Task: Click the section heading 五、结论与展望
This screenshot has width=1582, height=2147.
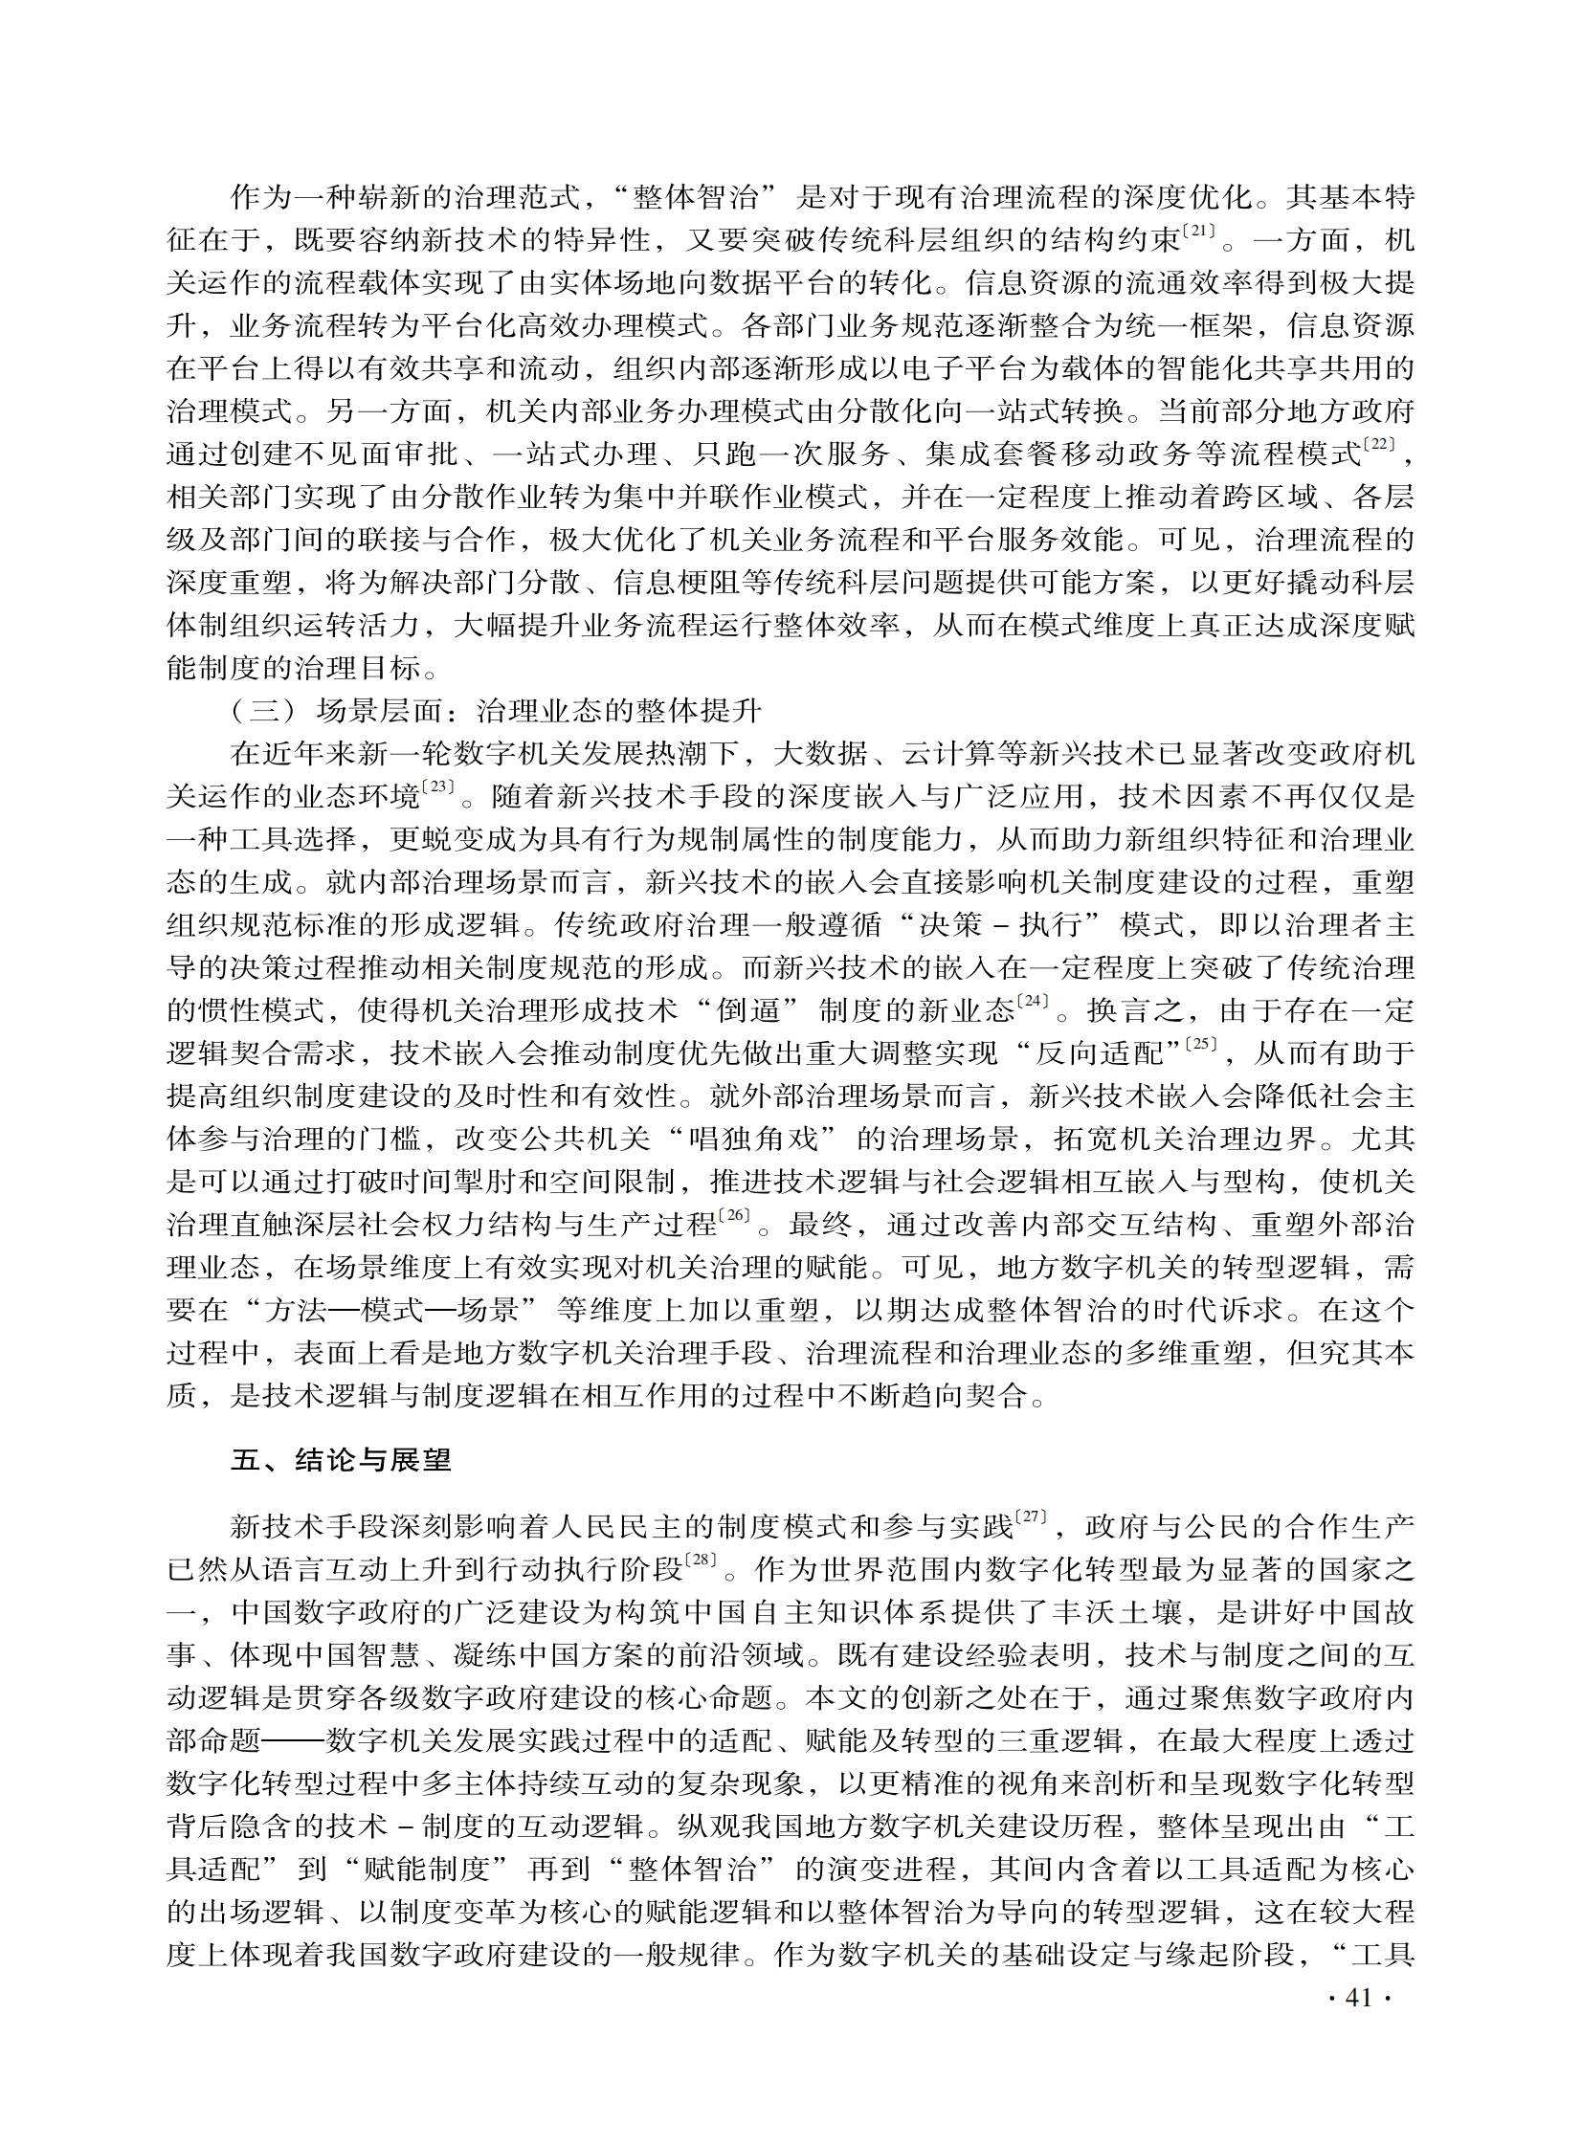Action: [x=341, y=1463]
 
